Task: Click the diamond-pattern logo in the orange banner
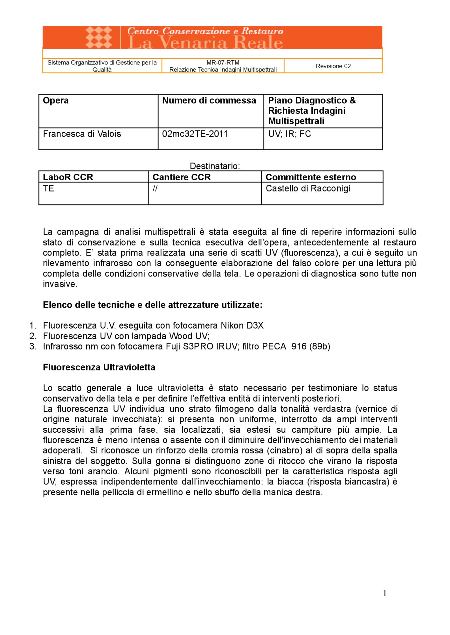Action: click(x=99, y=37)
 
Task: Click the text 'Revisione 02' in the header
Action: click(x=333, y=66)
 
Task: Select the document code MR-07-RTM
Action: click(x=223, y=63)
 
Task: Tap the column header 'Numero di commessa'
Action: click(x=209, y=101)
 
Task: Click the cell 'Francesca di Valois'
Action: click(x=82, y=134)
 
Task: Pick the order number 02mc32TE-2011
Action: click(x=195, y=134)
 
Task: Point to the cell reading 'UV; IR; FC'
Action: click(x=289, y=134)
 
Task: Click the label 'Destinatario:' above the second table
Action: click(x=215, y=166)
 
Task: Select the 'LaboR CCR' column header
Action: click(x=68, y=177)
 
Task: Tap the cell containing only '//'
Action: click(x=155, y=189)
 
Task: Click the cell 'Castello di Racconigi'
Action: click(x=308, y=189)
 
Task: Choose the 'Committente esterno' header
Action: click(x=311, y=177)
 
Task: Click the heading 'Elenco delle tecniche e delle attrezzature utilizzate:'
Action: click(x=153, y=305)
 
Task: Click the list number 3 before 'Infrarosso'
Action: click(x=32, y=346)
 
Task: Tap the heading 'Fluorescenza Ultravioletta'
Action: click(x=99, y=367)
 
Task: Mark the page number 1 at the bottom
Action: click(x=384, y=593)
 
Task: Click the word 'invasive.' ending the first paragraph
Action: click(x=60, y=284)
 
